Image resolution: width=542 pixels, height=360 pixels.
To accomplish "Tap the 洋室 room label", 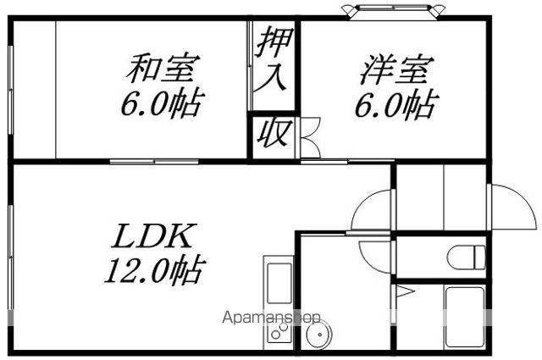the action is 397,69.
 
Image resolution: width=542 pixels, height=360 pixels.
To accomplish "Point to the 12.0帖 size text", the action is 155,270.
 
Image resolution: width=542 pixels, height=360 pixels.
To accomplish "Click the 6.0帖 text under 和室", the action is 161,102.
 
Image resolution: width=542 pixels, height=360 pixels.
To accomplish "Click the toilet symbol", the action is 467,257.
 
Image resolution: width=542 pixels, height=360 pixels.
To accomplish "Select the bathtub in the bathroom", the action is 465,317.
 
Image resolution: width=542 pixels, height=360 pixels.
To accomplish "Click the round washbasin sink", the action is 318,334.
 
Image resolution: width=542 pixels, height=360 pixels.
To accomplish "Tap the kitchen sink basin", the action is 279,283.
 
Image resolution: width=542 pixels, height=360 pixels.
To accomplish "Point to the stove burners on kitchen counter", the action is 279,331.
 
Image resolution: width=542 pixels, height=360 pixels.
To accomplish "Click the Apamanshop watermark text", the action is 271,317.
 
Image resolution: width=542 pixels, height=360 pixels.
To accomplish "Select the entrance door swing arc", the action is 514,207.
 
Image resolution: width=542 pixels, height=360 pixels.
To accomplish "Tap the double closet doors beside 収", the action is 309,137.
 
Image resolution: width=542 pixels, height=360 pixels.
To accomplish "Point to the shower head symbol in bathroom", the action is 405,291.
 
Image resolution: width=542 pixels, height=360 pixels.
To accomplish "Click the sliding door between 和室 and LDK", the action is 154,162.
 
